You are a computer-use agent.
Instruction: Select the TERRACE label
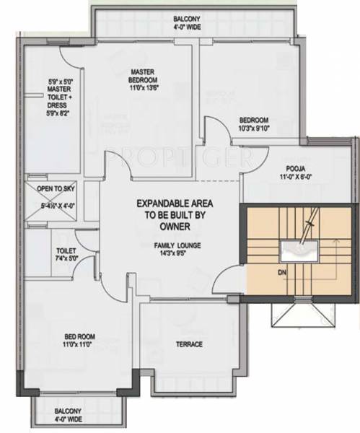coord(188,344)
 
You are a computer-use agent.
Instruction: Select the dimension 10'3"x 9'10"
coord(254,129)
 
